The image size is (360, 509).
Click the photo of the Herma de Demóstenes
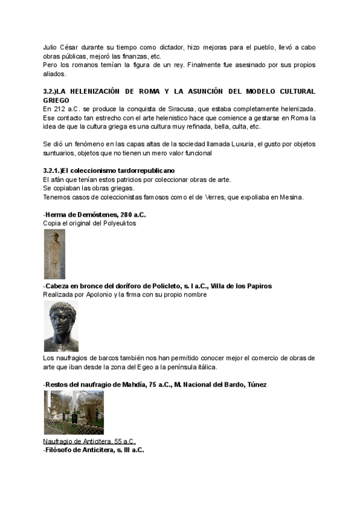tap(54, 253)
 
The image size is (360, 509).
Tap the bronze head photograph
tap(61, 326)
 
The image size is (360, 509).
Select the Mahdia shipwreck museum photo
tap(73, 412)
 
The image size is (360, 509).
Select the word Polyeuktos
tap(119, 223)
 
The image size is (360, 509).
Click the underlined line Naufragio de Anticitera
tap(89, 441)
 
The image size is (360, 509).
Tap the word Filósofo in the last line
tap(60, 450)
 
